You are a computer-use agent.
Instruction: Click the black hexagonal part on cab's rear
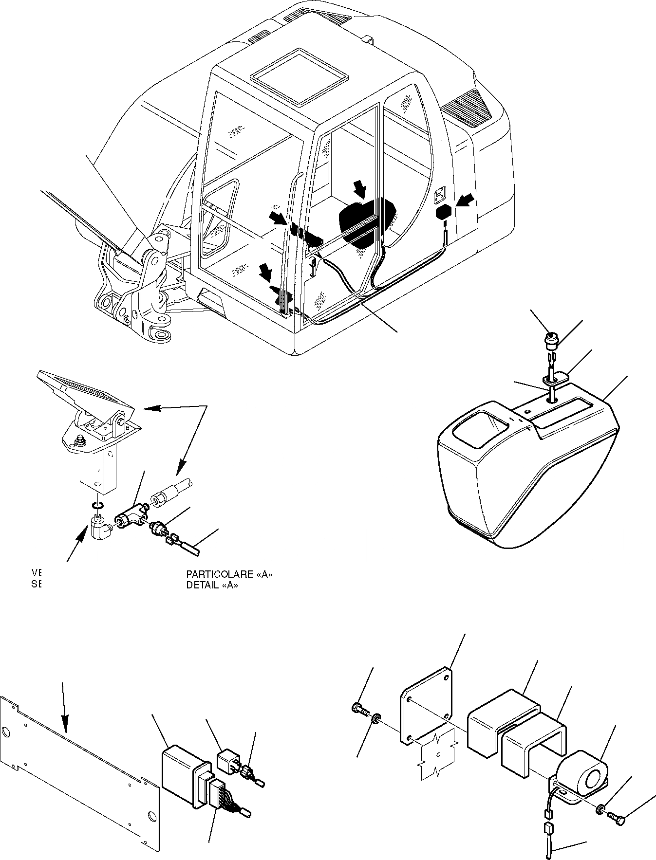click(445, 213)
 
